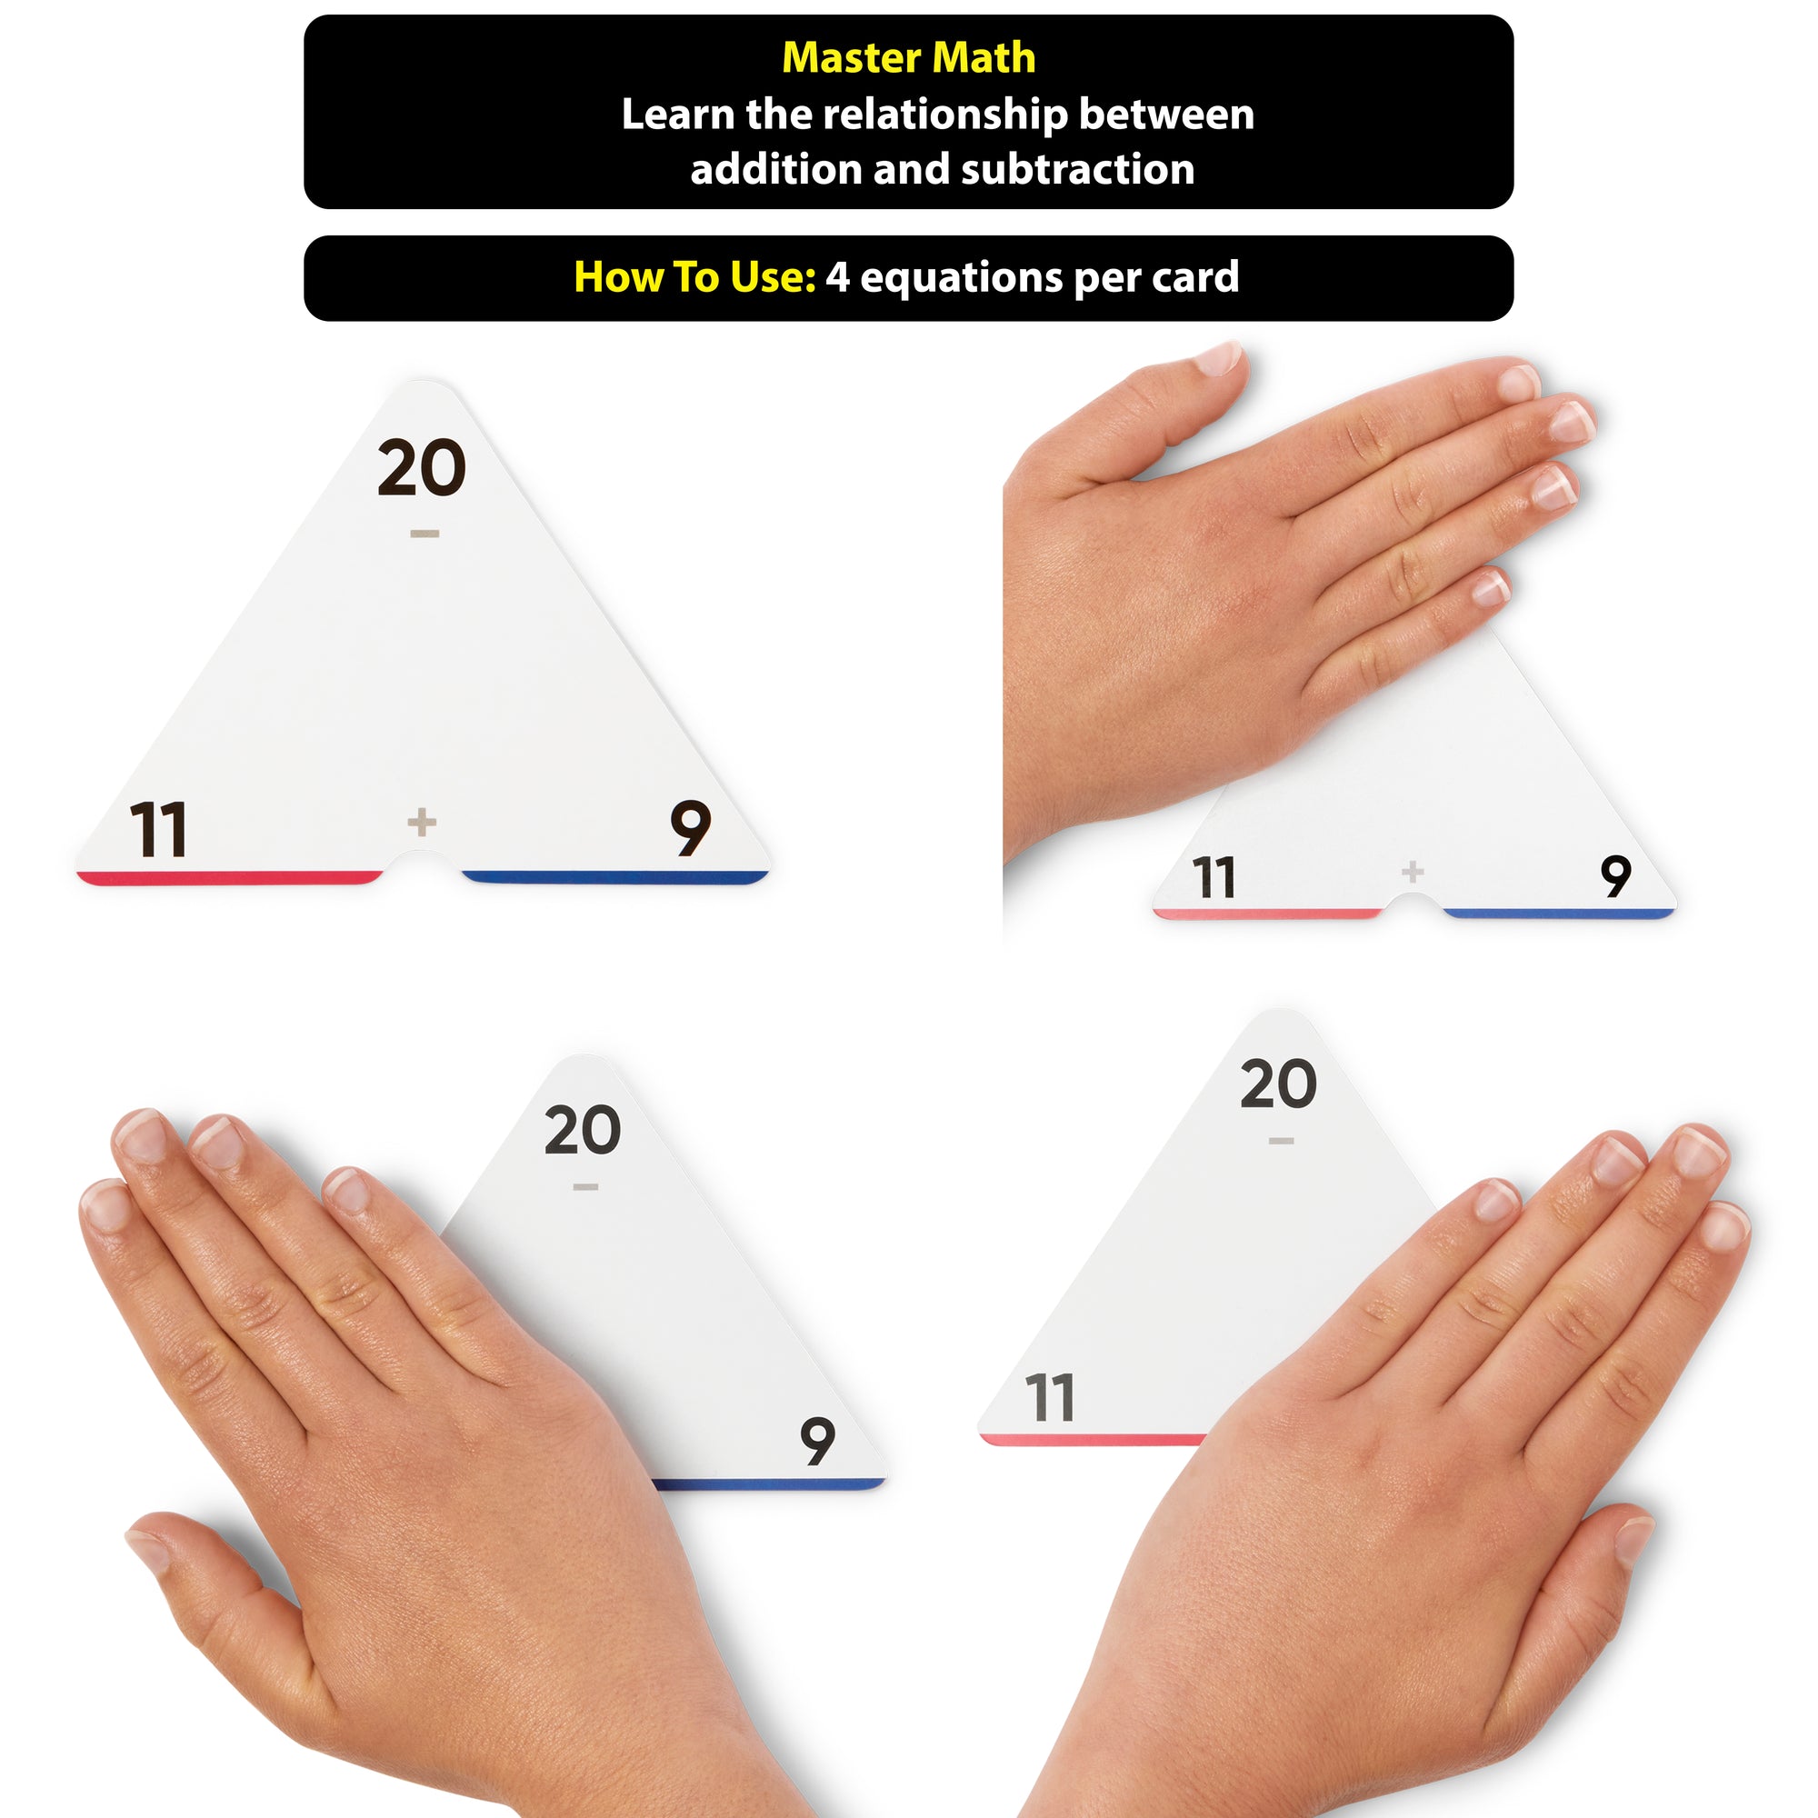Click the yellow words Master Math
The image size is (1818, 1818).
[x=908, y=58]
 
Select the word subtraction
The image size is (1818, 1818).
[x=1077, y=169]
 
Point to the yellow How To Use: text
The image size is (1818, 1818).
[x=694, y=277]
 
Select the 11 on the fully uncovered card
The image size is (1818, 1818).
[x=158, y=829]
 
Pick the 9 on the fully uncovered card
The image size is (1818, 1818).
[x=690, y=828]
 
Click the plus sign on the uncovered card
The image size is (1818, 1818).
[x=422, y=823]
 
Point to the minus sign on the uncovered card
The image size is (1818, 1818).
[x=425, y=534]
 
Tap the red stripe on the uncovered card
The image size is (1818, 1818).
[x=230, y=878]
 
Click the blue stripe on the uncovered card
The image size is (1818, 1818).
[x=615, y=878]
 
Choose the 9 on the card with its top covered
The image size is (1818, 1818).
[x=1615, y=876]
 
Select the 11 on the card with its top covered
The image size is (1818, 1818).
[x=1213, y=877]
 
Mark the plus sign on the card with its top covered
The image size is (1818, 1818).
[x=1413, y=872]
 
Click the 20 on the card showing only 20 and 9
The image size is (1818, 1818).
[x=583, y=1130]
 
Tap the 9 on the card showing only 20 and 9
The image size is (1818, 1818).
[x=817, y=1441]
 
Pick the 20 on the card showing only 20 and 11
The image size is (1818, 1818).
[x=1278, y=1084]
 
